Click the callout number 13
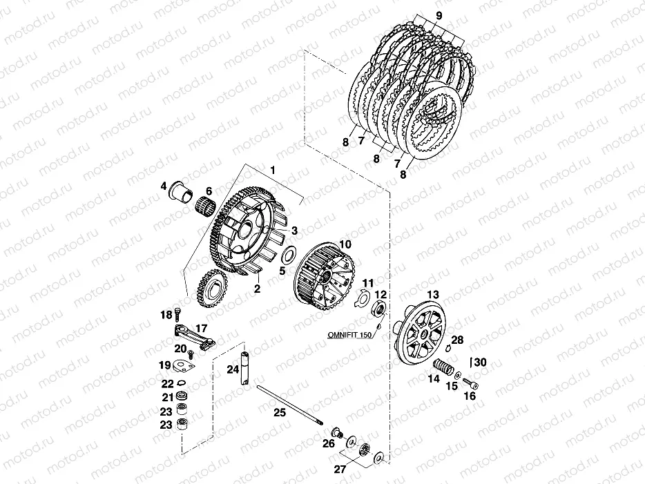pos(433,294)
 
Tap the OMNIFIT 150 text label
pos(349,335)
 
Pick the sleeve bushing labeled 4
pos(181,191)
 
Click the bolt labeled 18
pos(177,314)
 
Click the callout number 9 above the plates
pos(439,16)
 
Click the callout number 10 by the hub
pos(345,244)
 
